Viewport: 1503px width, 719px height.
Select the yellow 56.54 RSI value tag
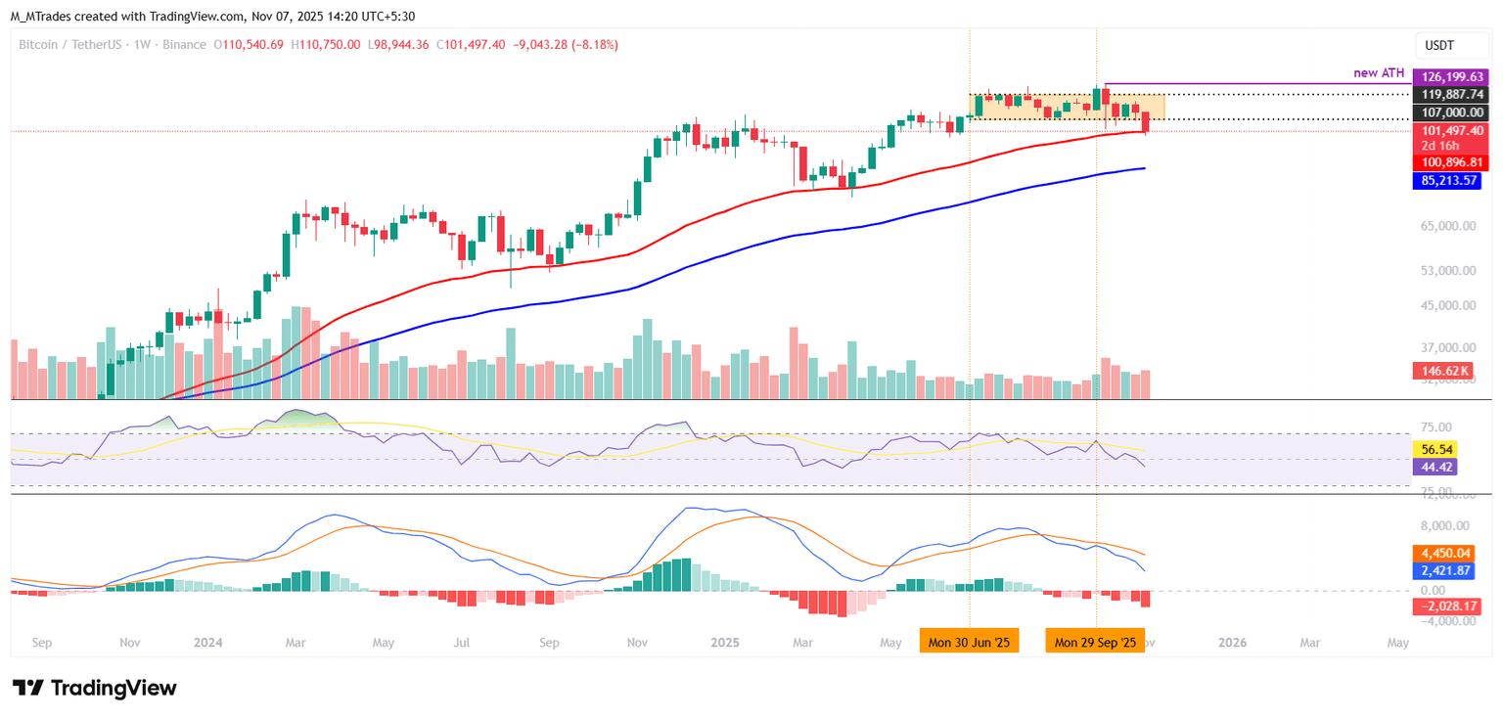click(1435, 449)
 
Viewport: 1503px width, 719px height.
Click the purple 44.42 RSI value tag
click(1435, 467)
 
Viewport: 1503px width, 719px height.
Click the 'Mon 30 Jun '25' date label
click(970, 643)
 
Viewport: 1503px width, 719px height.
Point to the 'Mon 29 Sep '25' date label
click(1095, 643)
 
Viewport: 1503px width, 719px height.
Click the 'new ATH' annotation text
click(1379, 73)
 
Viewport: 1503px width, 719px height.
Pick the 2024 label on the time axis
click(207, 643)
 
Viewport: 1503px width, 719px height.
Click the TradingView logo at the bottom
click(95, 688)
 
